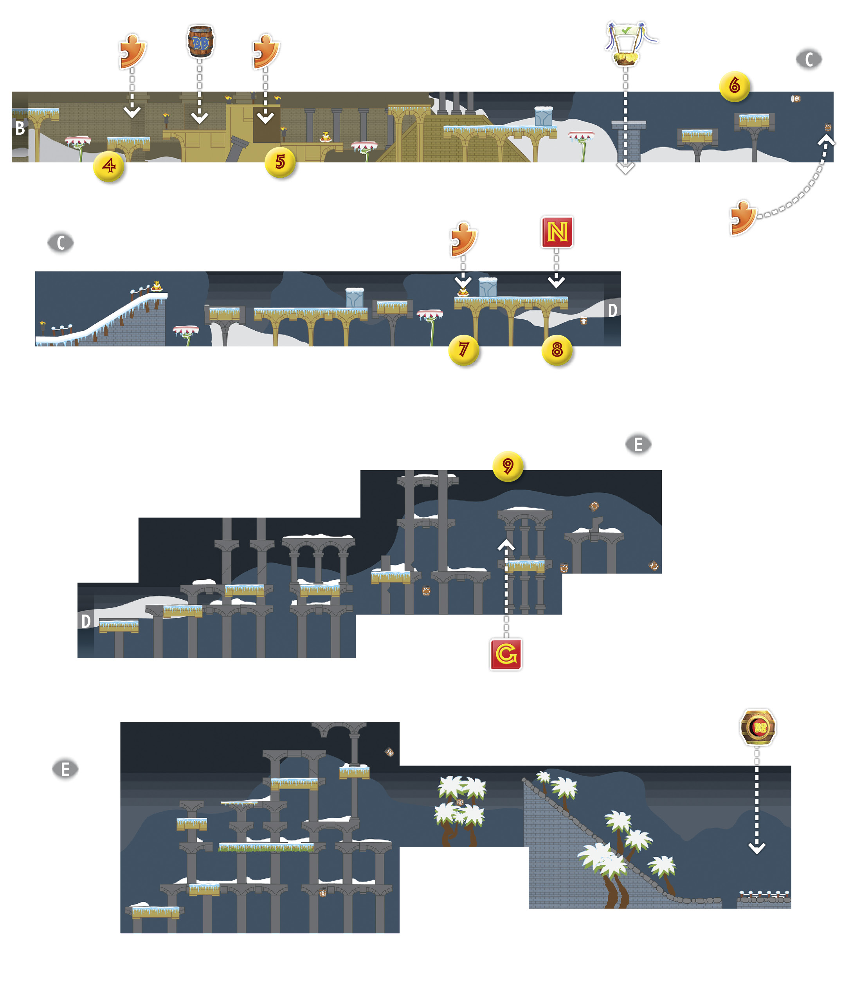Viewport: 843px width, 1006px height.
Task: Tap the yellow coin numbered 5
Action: (x=280, y=162)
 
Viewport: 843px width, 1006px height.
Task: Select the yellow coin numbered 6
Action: (x=734, y=86)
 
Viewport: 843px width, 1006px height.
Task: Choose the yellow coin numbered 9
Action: (x=508, y=466)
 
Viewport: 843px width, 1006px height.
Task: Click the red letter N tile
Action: (x=557, y=232)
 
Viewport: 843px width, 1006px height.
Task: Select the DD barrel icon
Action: (x=200, y=41)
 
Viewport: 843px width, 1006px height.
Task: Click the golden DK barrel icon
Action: (x=758, y=728)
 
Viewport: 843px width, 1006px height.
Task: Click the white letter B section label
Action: (x=20, y=128)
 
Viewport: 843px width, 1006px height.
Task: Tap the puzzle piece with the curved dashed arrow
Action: (x=743, y=218)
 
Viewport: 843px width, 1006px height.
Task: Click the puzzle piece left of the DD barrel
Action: (x=132, y=51)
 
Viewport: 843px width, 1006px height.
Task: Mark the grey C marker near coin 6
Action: (x=809, y=59)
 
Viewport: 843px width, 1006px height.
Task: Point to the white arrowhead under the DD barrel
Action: (x=199, y=118)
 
